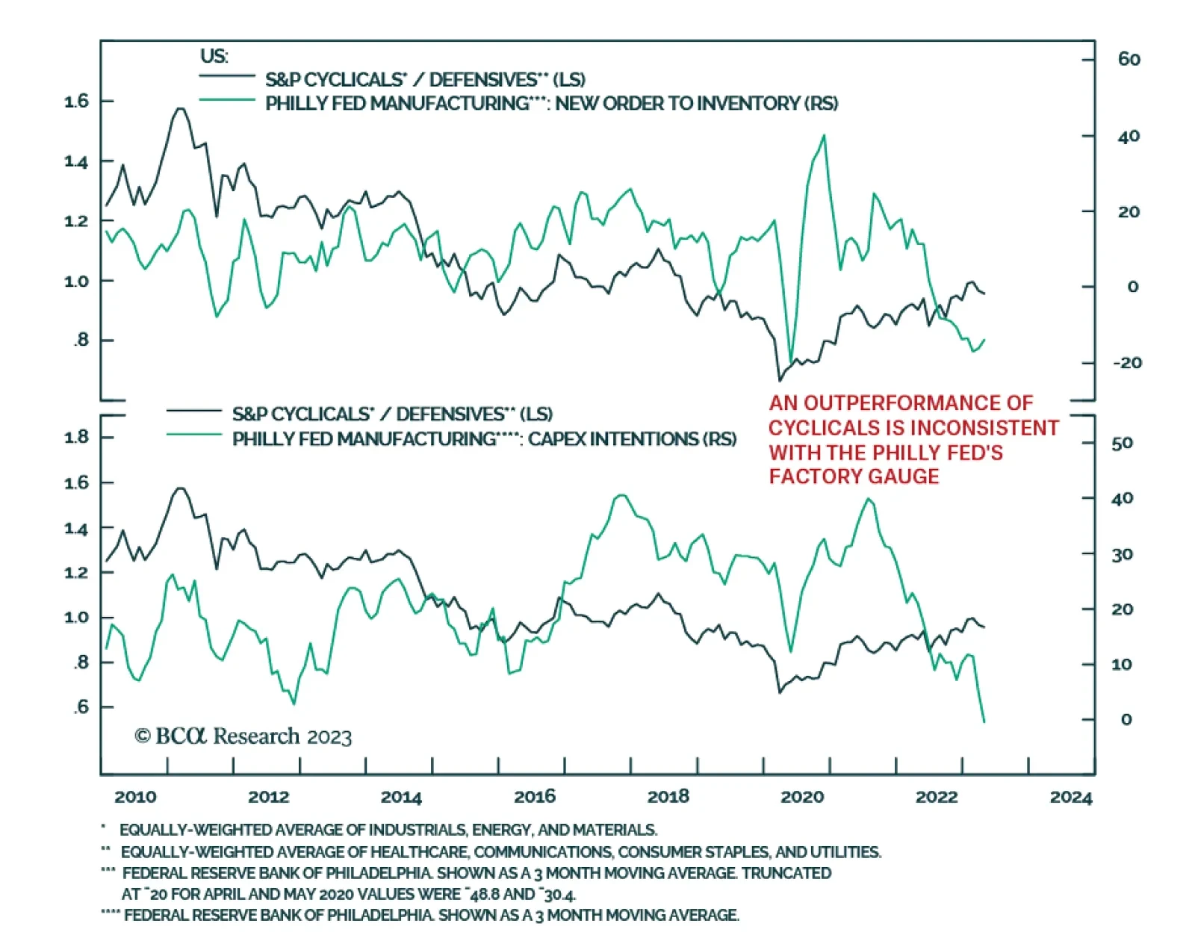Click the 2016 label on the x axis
[x=535, y=797]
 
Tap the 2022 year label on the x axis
[x=937, y=797]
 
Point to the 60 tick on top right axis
[x=1129, y=60]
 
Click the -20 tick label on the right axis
[x=1127, y=363]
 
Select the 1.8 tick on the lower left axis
[x=77, y=437]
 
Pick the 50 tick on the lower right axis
[x=1122, y=444]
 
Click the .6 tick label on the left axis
[x=81, y=707]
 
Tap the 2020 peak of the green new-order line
[x=824, y=136]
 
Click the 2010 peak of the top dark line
[x=179, y=109]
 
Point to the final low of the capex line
[x=984, y=721]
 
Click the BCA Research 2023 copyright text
[x=243, y=737]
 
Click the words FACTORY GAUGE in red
[x=854, y=476]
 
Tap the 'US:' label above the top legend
[x=214, y=56]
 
